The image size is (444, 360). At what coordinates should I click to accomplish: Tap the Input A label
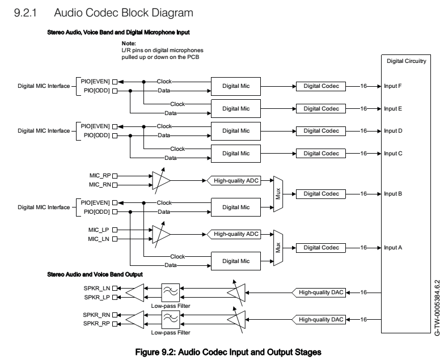tap(393, 248)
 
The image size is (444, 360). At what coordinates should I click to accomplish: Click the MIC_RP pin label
tap(99, 176)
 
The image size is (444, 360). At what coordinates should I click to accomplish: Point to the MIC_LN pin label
tap(99, 239)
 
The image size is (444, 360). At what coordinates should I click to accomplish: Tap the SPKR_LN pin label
tap(98, 289)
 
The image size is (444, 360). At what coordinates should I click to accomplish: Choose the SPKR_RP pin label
tap(98, 324)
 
